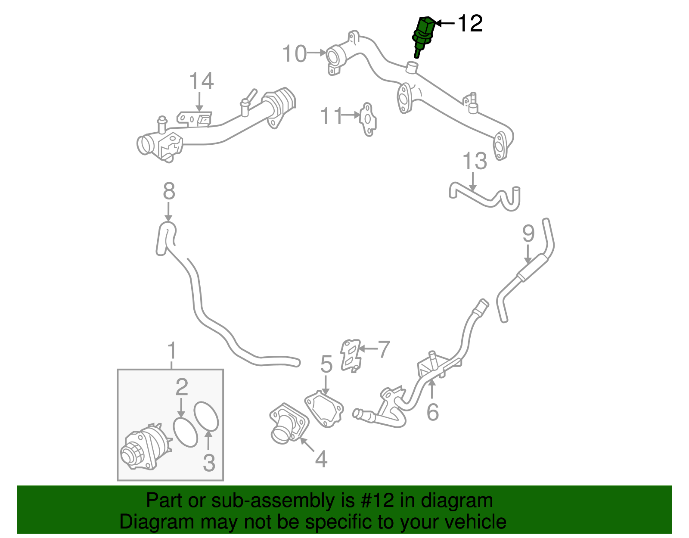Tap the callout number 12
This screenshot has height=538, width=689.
pos(470,23)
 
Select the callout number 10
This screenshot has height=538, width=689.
pos(295,54)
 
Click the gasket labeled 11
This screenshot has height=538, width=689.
pos(368,119)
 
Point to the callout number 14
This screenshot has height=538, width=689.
pos(202,81)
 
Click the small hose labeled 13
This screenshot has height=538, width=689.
pos(482,198)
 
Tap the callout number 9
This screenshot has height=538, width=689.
pos(528,234)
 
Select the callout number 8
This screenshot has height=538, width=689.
pos(169,191)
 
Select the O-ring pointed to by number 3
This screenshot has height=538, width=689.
pos(206,416)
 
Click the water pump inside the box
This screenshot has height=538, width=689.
pos(144,448)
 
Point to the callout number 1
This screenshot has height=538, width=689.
pos(172,351)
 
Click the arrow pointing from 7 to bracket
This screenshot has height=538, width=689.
pos(367,348)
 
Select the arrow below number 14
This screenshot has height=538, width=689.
pos(199,102)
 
